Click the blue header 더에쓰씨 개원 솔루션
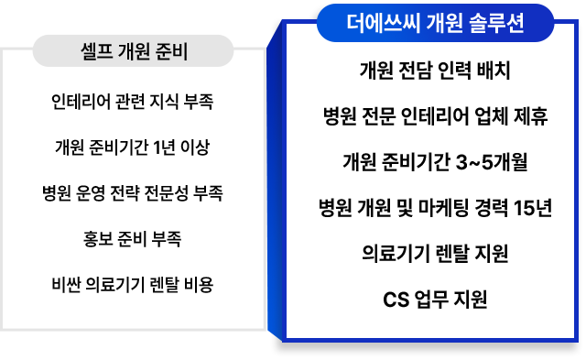coord(435,24)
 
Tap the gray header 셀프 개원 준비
coord(134,51)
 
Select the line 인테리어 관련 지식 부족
coord(133,100)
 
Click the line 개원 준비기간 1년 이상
coord(133,147)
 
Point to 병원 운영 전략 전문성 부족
coord(133,193)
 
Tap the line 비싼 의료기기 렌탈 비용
coord(133,285)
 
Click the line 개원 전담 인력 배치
coord(435,71)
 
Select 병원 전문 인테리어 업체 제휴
coord(435,117)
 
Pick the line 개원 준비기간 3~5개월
coord(435,163)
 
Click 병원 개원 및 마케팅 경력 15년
coord(435,208)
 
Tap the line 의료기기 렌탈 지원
coord(435,253)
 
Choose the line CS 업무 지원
coord(435,299)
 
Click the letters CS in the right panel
coord(394,299)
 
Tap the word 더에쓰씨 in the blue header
coord(380,24)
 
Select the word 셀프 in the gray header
coord(95,51)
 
